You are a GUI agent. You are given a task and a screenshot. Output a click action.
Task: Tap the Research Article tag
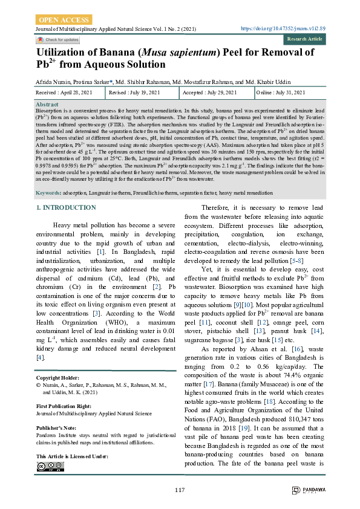pyautogui.click(x=304, y=39)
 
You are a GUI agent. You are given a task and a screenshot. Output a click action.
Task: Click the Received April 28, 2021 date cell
pyautogui.click(x=64, y=92)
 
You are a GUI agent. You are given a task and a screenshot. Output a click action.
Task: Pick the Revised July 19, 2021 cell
pyautogui.click(x=134, y=92)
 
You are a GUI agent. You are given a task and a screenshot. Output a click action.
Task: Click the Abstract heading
pyautogui.click(x=47, y=105)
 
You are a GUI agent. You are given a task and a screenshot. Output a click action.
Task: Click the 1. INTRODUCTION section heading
pyautogui.click(x=65, y=208)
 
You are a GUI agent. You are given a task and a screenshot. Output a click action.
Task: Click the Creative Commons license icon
pyautogui.click(x=50, y=466)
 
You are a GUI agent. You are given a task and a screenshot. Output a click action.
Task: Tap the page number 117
pyautogui.click(x=180, y=490)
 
